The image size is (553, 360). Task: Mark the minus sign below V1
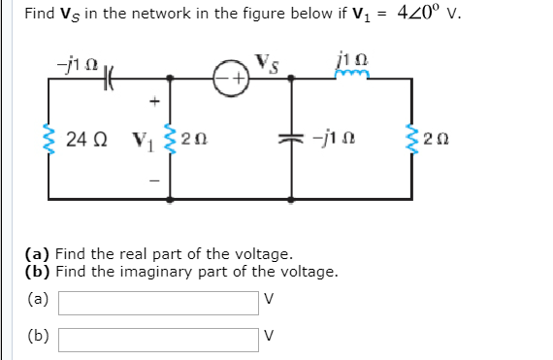(151, 180)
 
